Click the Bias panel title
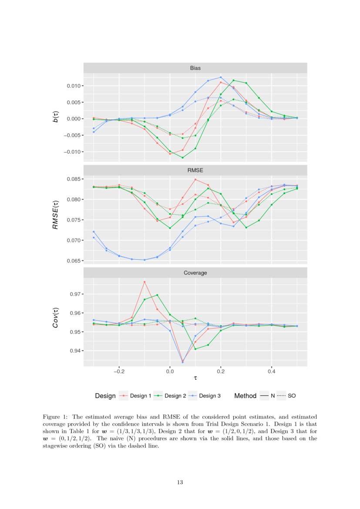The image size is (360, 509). (195, 68)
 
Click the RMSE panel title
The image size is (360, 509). (195, 171)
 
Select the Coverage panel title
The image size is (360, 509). (195, 273)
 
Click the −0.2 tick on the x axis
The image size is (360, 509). (119, 372)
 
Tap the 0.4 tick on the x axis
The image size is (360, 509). (272, 372)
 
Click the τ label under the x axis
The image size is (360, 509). (195, 381)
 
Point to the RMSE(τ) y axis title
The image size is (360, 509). (55, 215)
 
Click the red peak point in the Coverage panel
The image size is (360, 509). (145, 282)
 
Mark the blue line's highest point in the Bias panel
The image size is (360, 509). (221, 78)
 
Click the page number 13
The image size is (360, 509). (180, 482)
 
